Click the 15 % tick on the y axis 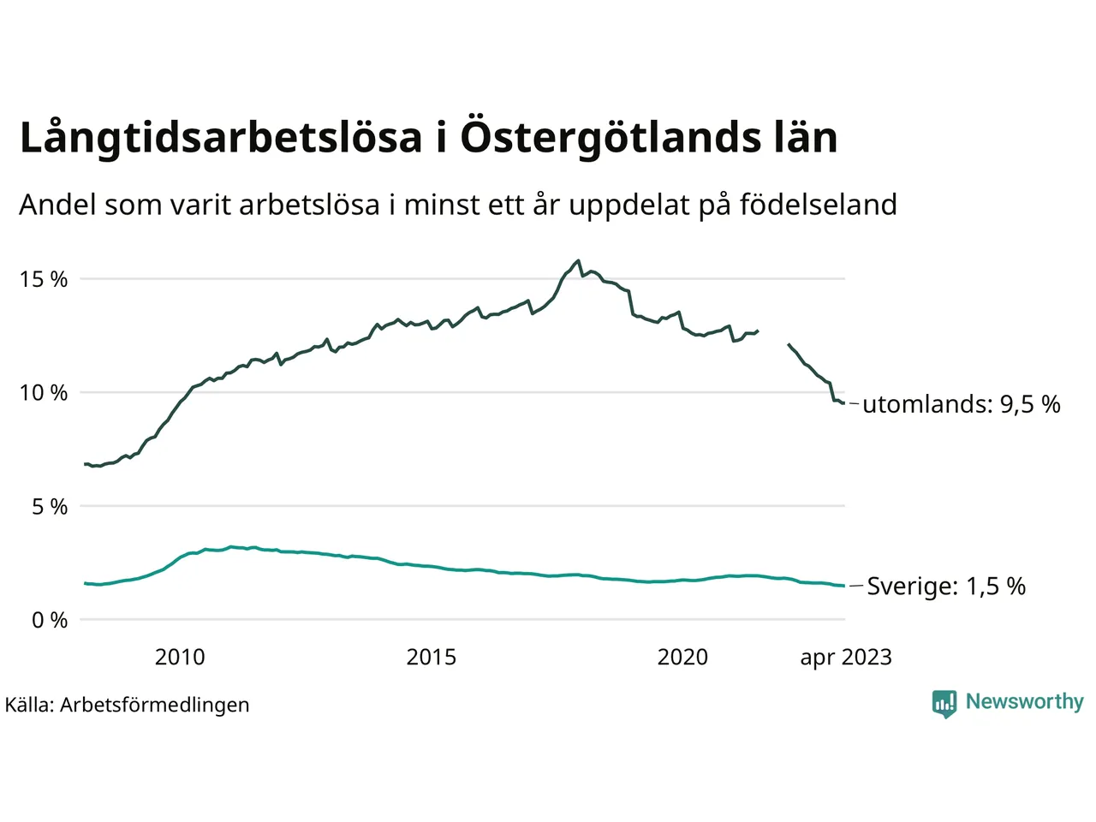44,279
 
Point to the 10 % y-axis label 44,393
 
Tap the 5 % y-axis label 50,507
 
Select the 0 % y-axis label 50,621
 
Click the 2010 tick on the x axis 180,658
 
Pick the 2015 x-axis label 431,658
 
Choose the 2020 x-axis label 682,658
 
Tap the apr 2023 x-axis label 846,658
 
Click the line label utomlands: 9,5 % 961,404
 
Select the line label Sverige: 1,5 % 946,587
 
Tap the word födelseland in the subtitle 818,205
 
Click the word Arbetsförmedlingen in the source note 155,705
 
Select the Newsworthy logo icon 944,703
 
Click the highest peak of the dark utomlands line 579,260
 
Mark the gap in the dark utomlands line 773,337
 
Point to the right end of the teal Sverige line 844,587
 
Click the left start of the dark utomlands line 85,464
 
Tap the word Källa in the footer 29,705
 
